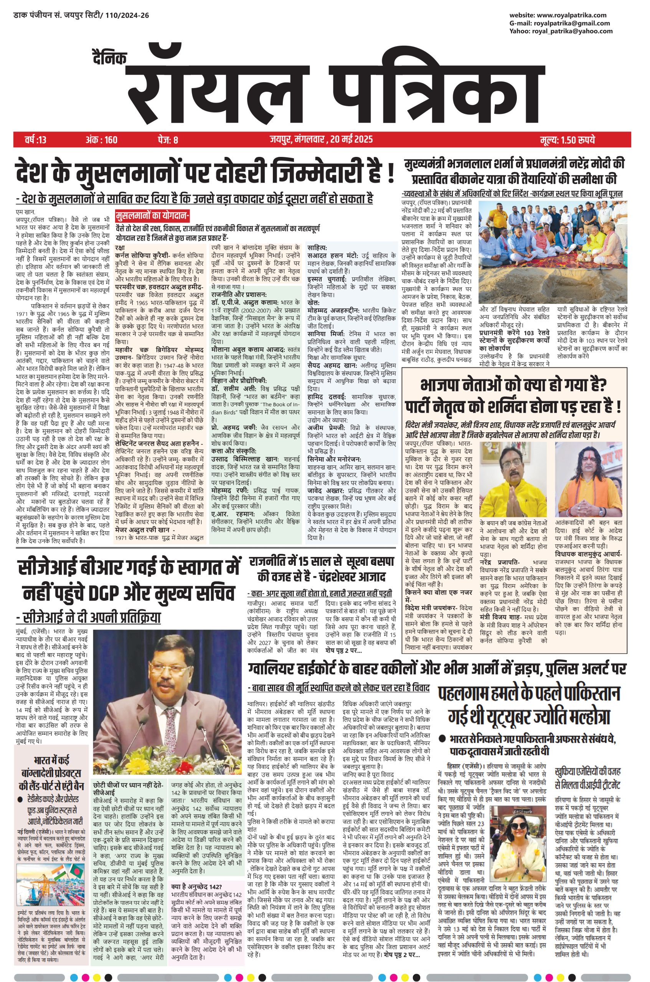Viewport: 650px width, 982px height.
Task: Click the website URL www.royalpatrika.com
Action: (x=574, y=15)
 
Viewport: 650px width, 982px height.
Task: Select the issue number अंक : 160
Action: (x=102, y=140)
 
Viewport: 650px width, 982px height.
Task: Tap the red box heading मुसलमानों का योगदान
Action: (x=152, y=216)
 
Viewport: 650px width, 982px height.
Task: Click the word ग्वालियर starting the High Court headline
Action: (x=272, y=668)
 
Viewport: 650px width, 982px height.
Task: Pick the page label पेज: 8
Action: (x=168, y=140)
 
